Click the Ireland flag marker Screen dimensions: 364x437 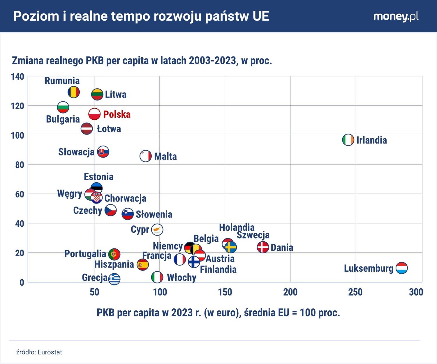(348, 140)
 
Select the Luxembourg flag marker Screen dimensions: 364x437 (402, 268)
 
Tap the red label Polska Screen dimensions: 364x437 (117, 114)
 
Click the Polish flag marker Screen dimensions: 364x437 (94, 114)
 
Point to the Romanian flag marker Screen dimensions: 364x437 (74, 92)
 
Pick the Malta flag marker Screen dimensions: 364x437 (146, 156)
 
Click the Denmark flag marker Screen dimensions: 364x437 (263, 247)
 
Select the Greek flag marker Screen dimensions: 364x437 (114, 279)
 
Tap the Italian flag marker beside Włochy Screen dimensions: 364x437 (157, 277)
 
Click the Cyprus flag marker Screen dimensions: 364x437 (157, 229)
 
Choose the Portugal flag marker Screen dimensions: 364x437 (114, 254)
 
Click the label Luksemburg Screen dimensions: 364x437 (369, 268)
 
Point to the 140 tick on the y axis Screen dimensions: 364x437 (17, 77)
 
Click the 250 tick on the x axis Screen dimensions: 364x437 (355, 292)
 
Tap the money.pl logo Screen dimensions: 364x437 (396, 16)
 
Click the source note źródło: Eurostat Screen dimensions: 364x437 (39, 352)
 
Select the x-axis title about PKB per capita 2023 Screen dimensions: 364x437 (218, 313)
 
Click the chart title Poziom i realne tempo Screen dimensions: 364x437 (141, 16)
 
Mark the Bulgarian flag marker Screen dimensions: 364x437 (63, 107)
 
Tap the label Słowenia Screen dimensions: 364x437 (154, 214)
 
